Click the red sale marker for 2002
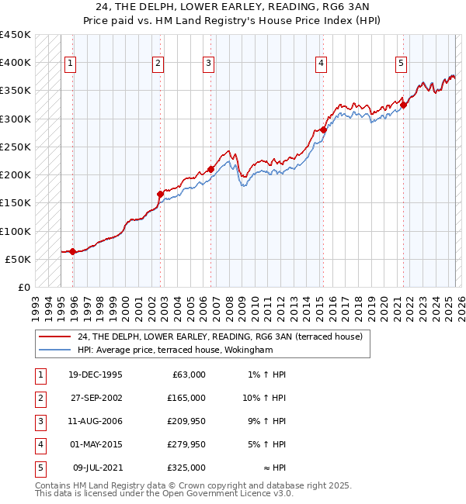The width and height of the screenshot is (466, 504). click(x=160, y=194)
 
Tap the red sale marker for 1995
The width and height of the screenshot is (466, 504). click(x=72, y=251)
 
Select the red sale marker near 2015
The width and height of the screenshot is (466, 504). click(x=323, y=129)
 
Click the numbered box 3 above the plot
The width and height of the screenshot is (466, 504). click(x=209, y=64)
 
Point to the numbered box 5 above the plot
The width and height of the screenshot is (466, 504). click(x=401, y=64)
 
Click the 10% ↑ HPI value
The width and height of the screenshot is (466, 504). click(x=266, y=398)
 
